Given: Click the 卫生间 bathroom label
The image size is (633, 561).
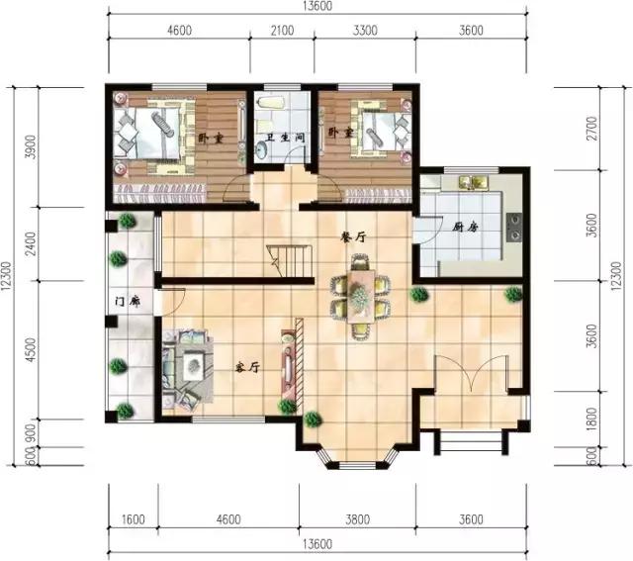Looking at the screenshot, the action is [x=285, y=138].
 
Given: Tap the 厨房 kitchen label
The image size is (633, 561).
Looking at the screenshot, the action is [x=465, y=227].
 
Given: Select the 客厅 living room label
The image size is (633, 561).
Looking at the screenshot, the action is [x=247, y=367].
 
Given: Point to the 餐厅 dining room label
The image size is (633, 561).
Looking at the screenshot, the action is [x=353, y=237].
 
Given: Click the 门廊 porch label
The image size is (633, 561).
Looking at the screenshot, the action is [x=128, y=302].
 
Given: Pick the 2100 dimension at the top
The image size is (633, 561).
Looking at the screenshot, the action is [x=282, y=31].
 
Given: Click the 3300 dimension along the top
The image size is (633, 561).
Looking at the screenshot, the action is [x=365, y=31].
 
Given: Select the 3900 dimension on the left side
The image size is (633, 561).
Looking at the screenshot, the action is [x=31, y=147].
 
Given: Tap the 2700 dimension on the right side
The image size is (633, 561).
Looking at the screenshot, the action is [x=591, y=128].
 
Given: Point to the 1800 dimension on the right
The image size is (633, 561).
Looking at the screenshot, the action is [x=591, y=419].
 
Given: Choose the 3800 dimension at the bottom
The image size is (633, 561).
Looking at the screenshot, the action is [x=358, y=519].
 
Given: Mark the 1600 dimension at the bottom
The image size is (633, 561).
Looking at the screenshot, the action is [x=134, y=519].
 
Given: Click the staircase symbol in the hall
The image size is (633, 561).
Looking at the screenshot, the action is [x=290, y=261].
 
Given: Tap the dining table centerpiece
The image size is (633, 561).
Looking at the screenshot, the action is [x=358, y=297].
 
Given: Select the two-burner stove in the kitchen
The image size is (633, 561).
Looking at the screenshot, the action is [x=514, y=227].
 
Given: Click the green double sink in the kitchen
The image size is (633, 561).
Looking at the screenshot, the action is [x=473, y=182].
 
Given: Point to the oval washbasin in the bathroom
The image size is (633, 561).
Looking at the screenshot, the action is [x=261, y=151].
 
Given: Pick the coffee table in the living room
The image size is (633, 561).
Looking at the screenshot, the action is [x=194, y=365].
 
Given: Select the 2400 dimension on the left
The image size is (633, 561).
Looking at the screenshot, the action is [x=31, y=243].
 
